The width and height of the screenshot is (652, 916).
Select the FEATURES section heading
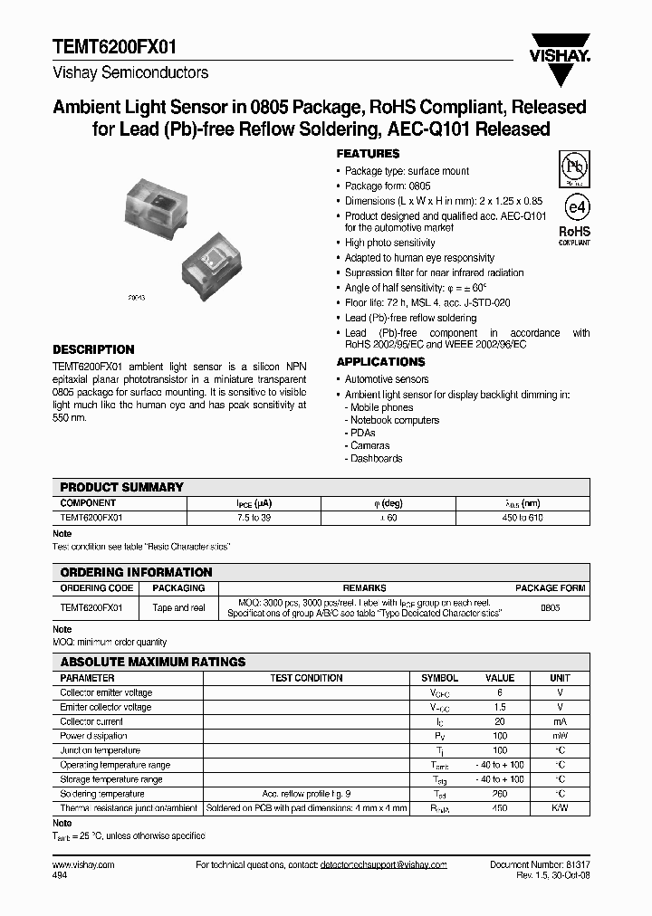point(368,154)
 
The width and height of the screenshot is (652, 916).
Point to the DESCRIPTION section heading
point(93,349)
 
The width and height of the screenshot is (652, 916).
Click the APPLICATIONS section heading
point(380,362)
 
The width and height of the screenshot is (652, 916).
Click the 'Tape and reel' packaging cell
point(178,608)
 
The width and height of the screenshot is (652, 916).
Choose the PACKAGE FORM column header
point(550,588)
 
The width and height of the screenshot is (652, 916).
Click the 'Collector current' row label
point(91,721)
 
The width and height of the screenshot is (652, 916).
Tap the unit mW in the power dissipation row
point(560,736)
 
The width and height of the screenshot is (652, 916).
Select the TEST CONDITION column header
point(306,678)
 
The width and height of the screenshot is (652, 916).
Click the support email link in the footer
point(383,865)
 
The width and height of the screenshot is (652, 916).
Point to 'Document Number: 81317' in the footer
point(541,865)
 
